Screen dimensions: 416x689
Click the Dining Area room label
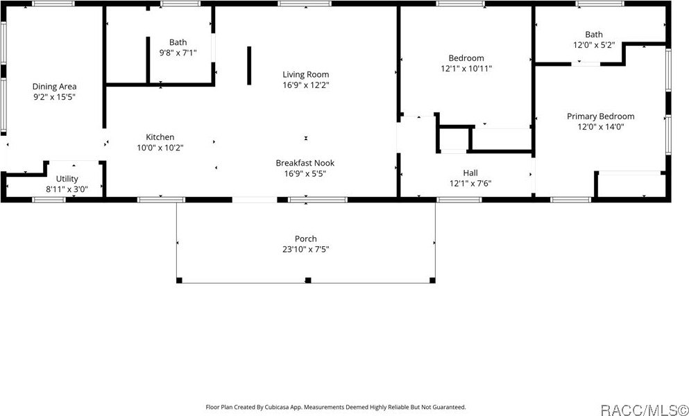[54, 87]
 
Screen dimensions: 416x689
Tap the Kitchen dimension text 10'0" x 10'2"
[160, 148]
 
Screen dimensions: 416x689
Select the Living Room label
[305, 75]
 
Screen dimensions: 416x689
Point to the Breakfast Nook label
[305, 163]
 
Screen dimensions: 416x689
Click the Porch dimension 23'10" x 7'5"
[305, 250]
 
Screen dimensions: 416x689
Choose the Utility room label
[67, 179]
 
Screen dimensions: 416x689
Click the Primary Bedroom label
[600, 116]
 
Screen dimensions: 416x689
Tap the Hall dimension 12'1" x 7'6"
[470, 184]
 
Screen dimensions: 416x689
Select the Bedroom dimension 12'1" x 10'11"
[466, 69]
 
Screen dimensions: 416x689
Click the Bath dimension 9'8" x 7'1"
[178, 53]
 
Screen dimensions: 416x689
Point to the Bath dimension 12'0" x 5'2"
[594, 45]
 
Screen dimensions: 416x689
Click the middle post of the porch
[307, 280]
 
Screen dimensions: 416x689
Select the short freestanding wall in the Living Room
[249, 66]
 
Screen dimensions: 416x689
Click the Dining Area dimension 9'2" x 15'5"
[54, 98]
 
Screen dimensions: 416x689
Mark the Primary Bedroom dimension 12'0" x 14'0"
[600, 128]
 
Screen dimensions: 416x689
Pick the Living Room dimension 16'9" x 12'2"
[305, 86]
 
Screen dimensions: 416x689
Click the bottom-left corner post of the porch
[179, 280]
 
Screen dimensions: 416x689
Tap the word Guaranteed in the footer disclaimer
[450, 408]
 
